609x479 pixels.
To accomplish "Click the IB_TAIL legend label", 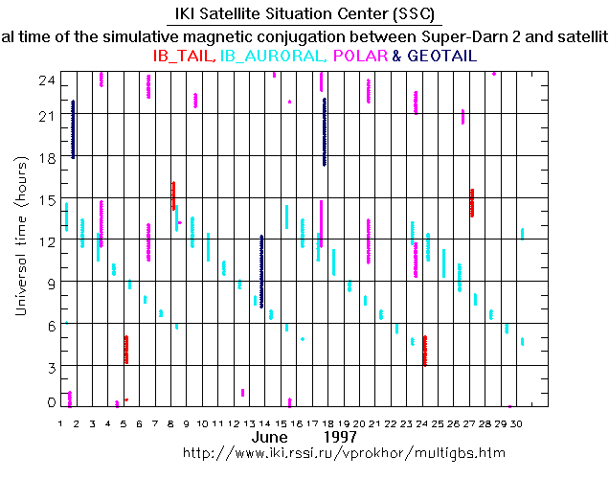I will coord(184,57).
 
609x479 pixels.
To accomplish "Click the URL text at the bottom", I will coord(343,452).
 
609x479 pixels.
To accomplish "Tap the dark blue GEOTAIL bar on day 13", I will coord(261,271).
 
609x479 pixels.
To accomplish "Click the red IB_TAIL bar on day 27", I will coord(471,202).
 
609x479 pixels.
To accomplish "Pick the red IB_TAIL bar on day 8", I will coord(173,195).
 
